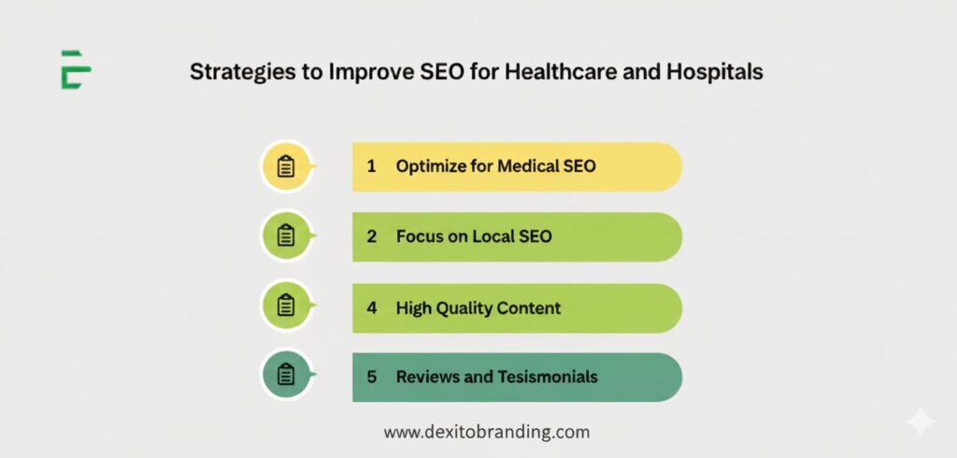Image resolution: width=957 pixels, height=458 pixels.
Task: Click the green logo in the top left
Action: (75, 69)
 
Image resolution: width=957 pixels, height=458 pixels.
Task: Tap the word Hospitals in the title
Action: (717, 72)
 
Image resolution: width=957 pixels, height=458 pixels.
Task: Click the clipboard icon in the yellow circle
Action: (286, 166)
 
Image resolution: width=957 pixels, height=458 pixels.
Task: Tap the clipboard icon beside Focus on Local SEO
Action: (286, 236)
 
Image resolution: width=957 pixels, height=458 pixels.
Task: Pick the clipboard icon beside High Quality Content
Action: (286, 306)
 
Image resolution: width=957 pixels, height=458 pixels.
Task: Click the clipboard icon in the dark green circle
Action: (286, 376)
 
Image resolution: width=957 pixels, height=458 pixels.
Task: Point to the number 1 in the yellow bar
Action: (371, 166)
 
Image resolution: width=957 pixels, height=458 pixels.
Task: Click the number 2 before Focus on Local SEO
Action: (371, 236)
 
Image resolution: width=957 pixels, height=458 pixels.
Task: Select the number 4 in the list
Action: (371, 307)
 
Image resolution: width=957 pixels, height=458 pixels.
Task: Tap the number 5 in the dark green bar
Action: (371, 377)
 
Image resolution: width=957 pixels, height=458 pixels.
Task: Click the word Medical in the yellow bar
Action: (527, 166)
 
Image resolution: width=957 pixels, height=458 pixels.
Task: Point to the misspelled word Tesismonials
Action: (550, 377)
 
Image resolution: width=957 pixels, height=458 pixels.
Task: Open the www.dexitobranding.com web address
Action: (487, 432)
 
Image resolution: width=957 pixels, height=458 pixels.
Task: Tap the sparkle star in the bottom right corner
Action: (921, 422)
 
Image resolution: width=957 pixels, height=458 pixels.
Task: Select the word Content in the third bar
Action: (530, 307)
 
